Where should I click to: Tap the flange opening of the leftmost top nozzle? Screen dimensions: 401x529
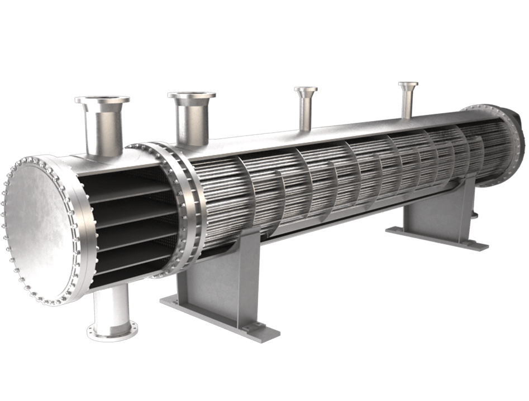[x=102, y=100]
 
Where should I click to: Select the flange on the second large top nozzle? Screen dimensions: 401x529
[x=192, y=96]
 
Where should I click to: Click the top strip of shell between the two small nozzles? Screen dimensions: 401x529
[x=358, y=125]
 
